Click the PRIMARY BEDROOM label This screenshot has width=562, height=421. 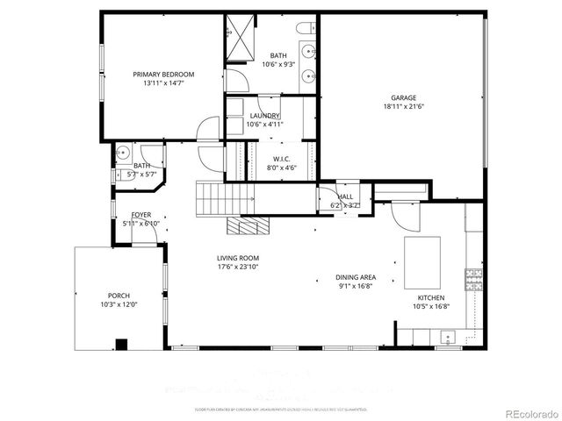(x=163, y=75)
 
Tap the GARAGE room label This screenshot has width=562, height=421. (x=403, y=98)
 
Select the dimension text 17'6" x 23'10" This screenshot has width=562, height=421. (x=239, y=268)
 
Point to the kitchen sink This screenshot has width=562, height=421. (x=447, y=335)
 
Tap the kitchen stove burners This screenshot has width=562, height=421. (x=474, y=280)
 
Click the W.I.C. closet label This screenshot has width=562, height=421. (x=270, y=159)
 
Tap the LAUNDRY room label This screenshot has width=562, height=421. (x=264, y=116)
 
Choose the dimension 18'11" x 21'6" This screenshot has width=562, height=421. (x=403, y=107)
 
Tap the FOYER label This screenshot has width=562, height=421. (x=141, y=215)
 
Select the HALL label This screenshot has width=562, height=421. (x=345, y=196)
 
